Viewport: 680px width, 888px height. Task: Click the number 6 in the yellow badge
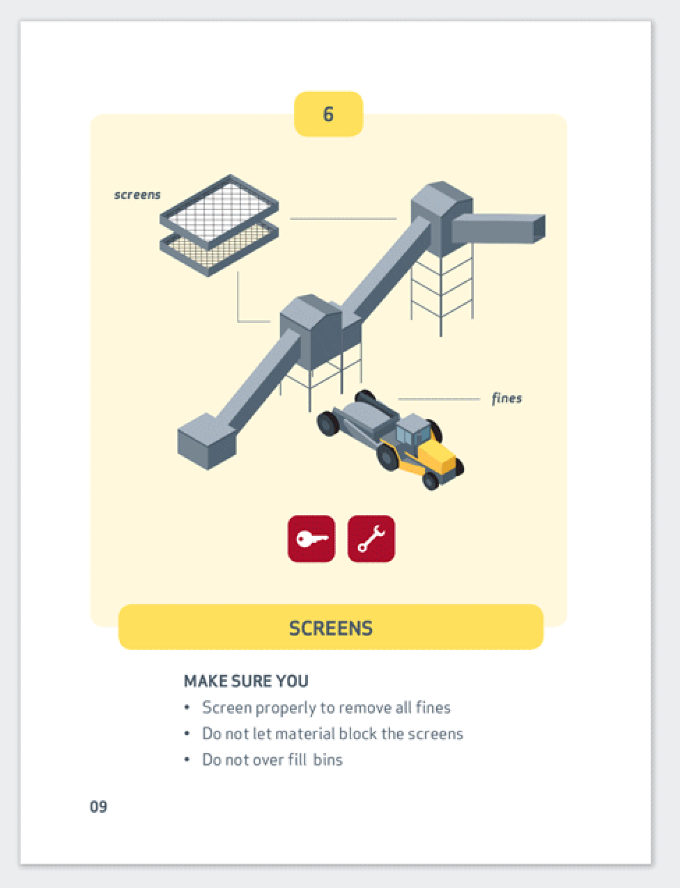pyautogui.click(x=328, y=114)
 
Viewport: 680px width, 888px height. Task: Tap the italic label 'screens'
pyautogui.click(x=137, y=195)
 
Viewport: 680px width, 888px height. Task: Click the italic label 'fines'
pyautogui.click(x=507, y=398)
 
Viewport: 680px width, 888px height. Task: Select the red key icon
pyautogui.click(x=311, y=539)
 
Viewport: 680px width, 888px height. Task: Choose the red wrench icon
pyautogui.click(x=371, y=539)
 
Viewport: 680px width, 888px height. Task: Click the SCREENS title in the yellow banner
pyautogui.click(x=330, y=628)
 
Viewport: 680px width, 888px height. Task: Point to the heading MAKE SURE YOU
pyautogui.click(x=246, y=681)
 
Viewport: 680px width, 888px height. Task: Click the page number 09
pyautogui.click(x=98, y=807)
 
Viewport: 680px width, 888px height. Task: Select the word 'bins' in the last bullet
pyautogui.click(x=327, y=760)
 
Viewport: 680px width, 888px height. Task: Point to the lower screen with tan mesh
pyautogui.click(x=219, y=250)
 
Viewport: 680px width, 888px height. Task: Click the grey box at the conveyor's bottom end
pyautogui.click(x=206, y=441)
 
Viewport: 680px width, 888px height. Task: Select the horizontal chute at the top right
pyautogui.click(x=498, y=228)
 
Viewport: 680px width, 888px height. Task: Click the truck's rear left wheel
pyautogui.click(x=328, y=423)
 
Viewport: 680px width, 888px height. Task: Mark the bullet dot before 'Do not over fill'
pyautogui.click(x=187, y=759)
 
